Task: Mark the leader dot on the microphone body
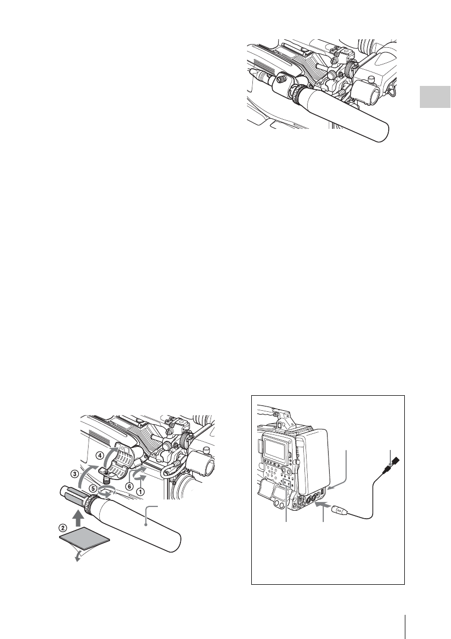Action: click(147, 520)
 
